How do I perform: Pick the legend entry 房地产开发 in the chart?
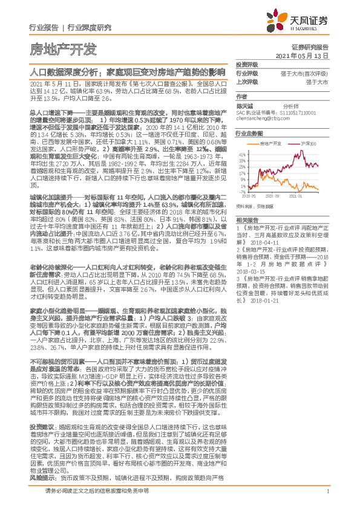point(272,144)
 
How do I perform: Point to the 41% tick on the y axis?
point(241,152)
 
